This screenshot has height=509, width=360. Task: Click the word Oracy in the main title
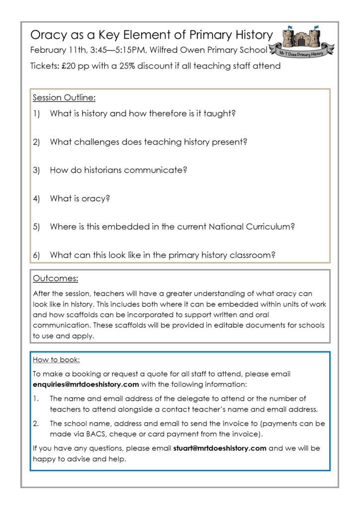pyautogui.click(x=47, y=35)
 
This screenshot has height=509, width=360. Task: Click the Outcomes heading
pyautogui.click(x=55, y=278)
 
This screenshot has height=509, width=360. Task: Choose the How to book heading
pyautogui.click(x=56, y=359)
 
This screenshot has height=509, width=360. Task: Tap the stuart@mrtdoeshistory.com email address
pyautogui.click(x=220, y=448)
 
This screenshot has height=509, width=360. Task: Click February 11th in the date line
pyautogui.click(x=53, y=50)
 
